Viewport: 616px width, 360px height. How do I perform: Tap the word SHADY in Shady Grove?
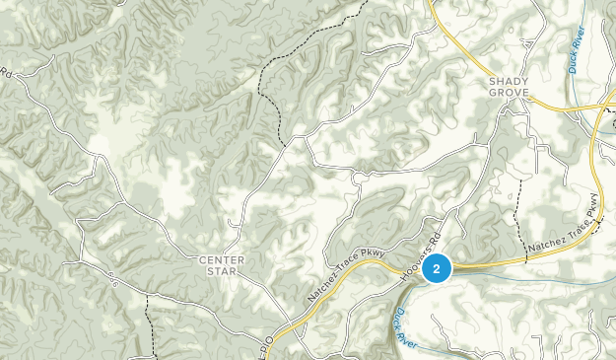point(510,82)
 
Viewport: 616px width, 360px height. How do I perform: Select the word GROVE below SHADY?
point(510,94)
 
